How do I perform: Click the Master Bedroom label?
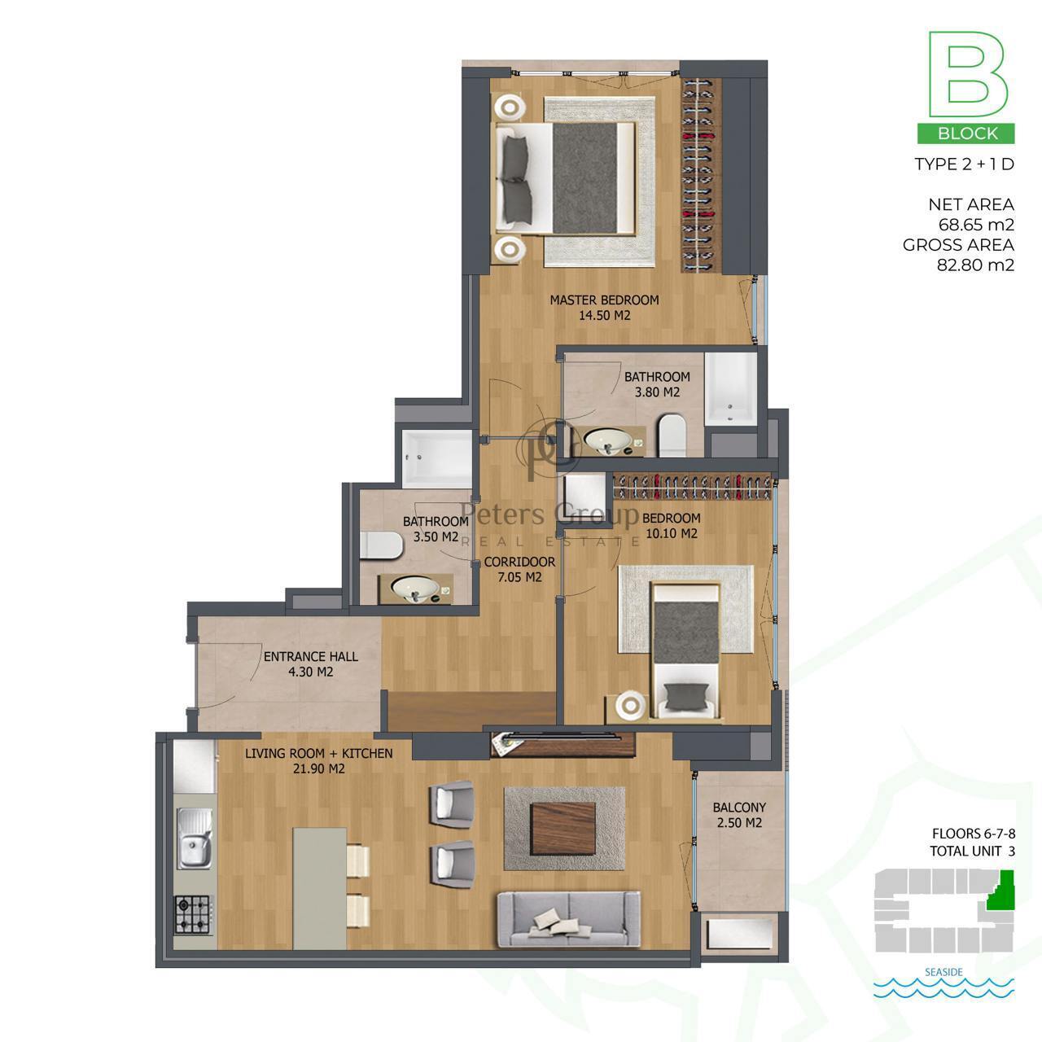pos(604,300)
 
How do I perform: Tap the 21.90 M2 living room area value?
pos(318,768)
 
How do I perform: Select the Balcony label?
pos(739,808)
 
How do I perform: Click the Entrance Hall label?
pos(310,656)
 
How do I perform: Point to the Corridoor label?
pos(519,562)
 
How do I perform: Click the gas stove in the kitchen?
pos(191,914)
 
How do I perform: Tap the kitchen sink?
pos(194,838)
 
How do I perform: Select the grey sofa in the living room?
pos(568,919)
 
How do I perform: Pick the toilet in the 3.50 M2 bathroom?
pos(381,545)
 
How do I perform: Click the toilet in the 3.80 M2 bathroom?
pos(672,435)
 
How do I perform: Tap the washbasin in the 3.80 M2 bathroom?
pos(606,441)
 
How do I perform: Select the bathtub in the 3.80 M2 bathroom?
pos(731,387)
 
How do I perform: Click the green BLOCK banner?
pos(965,134)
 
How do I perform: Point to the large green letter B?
pos(967,74)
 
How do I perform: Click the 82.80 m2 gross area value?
pos(975,265)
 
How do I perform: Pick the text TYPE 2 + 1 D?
pos(964,164)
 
